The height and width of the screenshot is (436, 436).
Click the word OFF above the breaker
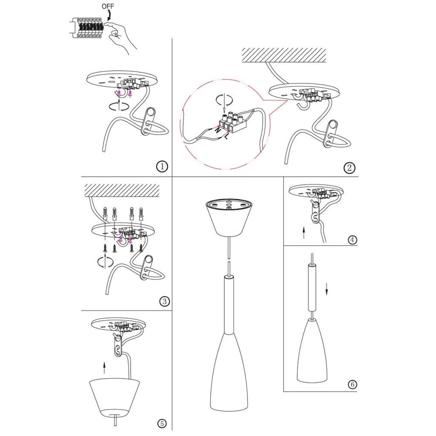[x=108, y=6]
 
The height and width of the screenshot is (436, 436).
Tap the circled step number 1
[x=162, y=166]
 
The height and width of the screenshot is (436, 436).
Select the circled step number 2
[x=349, y=168]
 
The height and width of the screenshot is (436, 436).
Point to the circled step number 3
[x=165, y=301]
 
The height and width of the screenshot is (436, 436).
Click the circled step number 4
[x=352, y=239]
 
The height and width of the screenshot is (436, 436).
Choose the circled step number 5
[x=162, y=424]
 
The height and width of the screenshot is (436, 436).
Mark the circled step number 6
[x=352, y=384]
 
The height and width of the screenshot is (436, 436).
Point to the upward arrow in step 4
[x=304, y=232]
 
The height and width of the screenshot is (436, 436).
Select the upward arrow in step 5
[x=104, y=368]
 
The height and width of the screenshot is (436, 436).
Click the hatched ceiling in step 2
[x=284, y=55]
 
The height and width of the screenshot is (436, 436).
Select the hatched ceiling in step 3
[x=122, y=190]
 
